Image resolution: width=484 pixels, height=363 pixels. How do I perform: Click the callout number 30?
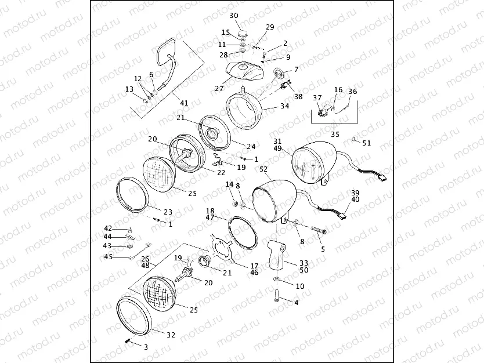point(234,15)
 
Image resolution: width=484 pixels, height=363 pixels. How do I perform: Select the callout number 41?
point(184,103)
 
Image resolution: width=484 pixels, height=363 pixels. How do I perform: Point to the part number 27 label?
point(219,89)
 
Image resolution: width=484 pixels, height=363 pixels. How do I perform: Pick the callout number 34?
point(284,106)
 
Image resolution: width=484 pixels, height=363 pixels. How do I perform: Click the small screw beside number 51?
point(354,139)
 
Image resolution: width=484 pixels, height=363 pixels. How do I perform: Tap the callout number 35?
point(335,134)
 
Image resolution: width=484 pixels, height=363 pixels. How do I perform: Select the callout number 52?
point(264,169)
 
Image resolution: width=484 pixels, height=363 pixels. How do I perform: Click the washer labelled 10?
point(277,280)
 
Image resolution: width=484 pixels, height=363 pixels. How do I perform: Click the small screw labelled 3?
point(127,342)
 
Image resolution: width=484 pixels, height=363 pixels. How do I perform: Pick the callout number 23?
point(169,212)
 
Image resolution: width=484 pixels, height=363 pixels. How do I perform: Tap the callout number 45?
point(109,257)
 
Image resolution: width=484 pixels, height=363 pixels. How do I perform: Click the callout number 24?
point(251,147)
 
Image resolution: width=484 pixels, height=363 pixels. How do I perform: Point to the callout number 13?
point(129,89)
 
